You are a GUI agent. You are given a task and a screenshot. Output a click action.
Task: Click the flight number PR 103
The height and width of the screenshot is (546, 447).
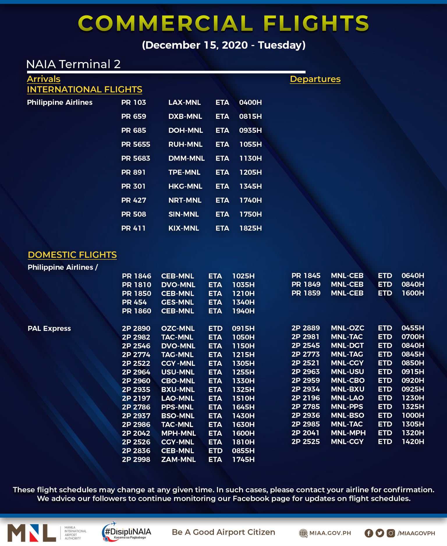tap(134, 103)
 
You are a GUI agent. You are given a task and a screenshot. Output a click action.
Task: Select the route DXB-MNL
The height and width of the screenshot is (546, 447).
tap(185, 116)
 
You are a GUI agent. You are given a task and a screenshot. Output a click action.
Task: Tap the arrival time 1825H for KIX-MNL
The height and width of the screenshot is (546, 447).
tap(250, 228)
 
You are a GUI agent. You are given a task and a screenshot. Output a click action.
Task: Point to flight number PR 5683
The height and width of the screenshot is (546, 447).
tap(136, 158)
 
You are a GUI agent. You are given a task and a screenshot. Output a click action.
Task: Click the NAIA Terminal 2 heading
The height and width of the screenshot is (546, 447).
tap(73, 64)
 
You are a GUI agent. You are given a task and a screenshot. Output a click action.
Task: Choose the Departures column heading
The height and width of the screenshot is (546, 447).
tap(315, 79)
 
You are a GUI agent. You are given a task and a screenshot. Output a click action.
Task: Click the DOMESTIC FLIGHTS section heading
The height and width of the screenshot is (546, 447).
tap(72, 255)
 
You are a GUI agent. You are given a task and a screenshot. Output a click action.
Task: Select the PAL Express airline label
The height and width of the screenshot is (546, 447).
tap(49, 328)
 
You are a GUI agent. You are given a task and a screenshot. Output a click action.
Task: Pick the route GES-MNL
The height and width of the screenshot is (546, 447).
tap(178, 302)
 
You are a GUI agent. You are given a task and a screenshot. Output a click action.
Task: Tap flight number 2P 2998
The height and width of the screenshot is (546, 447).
tap(136, 460)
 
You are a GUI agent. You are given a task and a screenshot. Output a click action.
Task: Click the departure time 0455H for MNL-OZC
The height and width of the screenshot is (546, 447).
tap(413, 328)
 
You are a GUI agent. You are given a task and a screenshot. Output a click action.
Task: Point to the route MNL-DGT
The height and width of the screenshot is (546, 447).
tap(347, 346)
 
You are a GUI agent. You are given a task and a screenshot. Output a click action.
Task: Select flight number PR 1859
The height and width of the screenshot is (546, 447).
tap(306, 293)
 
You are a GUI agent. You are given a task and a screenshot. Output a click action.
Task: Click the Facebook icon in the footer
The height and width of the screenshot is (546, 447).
tap(369, 533)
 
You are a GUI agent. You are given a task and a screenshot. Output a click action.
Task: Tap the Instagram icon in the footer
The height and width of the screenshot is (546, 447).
tap(391, 533)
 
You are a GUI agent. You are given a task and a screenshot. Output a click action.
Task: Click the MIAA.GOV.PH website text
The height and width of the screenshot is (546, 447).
tap(330, 533)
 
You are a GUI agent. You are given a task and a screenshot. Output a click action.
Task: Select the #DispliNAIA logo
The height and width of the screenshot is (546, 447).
tap(127, 532)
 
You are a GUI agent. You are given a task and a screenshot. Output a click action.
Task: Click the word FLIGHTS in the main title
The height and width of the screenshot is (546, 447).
tap(316, 23)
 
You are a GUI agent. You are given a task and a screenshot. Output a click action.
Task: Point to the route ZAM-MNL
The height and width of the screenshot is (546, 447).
tap(178, 460)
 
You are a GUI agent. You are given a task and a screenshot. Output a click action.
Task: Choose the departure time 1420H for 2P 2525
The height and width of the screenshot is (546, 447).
tap(413, 442)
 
